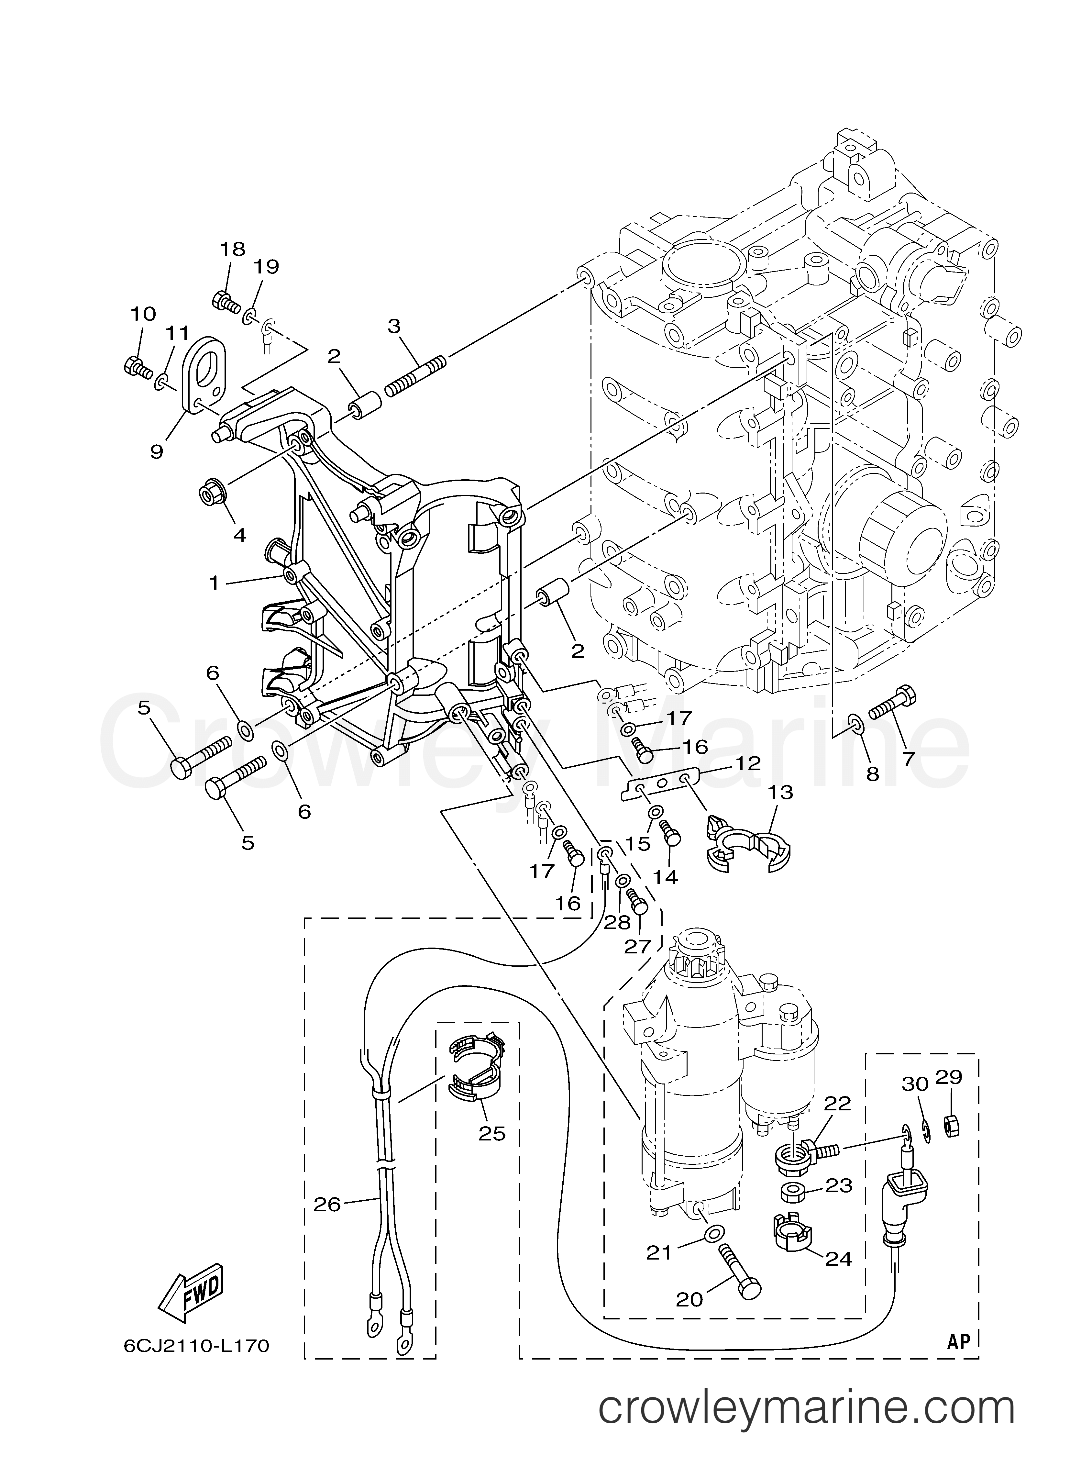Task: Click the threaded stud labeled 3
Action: tap(415, 375)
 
